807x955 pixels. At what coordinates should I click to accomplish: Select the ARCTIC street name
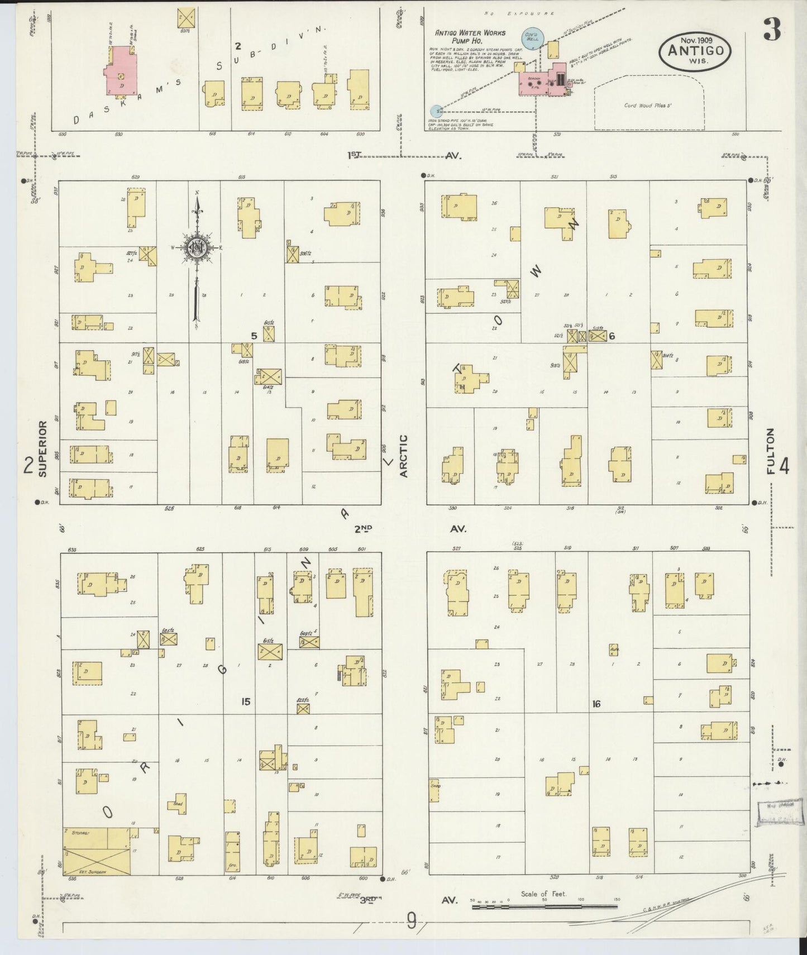pyautogui.click(x=404, y=456)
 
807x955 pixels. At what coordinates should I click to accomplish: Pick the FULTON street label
pyautogui.click(x=771, y=451)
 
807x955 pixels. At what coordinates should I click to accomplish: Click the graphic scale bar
pyautogui.click(x=545, y=907)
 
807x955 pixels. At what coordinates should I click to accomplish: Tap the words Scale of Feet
pyautogui.click(x=543, y=894)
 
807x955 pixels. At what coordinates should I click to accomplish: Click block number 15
pyautogui.click(x=245, y=701)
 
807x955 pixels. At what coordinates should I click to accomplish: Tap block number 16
pyautogui.click(x=596, y=704)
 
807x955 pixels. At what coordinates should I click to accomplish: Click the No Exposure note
pyautogui.click(x=518, y=12)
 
